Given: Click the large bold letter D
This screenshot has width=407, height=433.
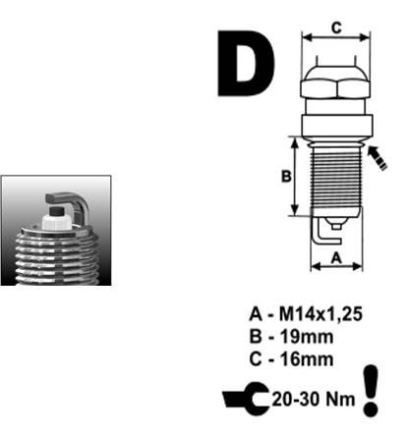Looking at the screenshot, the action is click(246, 64).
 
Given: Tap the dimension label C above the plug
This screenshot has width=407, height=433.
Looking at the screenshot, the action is click(336, 27).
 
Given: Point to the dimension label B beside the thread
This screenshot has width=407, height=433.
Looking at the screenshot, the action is click(286, 177).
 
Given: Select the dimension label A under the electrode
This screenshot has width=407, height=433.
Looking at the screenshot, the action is click(336, 258).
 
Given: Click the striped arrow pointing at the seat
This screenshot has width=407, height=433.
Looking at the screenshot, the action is click(377, 157).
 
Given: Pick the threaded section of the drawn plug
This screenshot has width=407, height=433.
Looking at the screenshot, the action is click(336, 179).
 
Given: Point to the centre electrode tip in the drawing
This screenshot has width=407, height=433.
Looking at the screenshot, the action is click(336, 226).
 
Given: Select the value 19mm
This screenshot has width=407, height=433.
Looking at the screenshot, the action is click(307, 337).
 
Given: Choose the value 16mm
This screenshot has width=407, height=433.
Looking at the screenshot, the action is click(307, 359).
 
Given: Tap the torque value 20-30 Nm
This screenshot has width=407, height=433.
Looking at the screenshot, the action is click(314, 400).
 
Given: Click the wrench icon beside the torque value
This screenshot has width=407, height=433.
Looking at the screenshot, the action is click(248, 399).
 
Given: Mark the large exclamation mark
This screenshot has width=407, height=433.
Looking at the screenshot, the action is click(371, 391).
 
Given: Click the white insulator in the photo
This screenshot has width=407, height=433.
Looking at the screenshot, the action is click(56, 223).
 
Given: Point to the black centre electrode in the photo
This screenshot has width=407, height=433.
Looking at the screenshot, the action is click(56, 210).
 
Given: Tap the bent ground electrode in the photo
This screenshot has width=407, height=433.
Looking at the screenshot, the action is click(70, 204).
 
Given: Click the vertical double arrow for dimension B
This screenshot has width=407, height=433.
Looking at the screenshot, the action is click(296, 176).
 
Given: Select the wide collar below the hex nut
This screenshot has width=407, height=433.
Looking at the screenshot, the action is click(337, 127).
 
